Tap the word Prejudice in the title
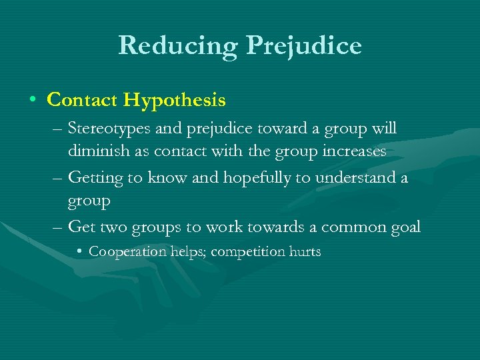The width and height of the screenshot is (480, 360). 304,45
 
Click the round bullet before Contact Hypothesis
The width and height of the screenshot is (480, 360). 33,101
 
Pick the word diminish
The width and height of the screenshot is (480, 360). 95,151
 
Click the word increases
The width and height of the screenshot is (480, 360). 353,151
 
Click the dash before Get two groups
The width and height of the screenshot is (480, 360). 58,227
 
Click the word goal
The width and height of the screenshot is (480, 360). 404,227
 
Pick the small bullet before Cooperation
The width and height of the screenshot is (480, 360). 79,252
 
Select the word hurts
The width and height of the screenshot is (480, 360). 305,252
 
